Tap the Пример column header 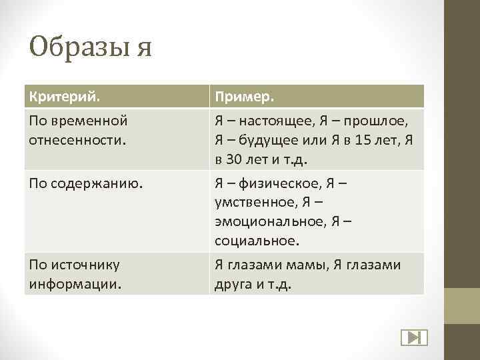[244, 96]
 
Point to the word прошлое [379, 121]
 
